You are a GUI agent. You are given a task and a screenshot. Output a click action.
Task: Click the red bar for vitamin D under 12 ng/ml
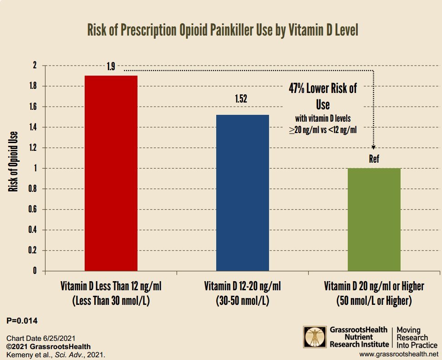tap(111, 173)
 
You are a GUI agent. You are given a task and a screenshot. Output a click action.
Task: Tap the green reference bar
tap(374, 220)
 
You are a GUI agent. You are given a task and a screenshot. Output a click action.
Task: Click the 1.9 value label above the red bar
tap(111, 67)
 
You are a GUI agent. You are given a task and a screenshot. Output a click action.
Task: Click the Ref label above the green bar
tap(374, 159)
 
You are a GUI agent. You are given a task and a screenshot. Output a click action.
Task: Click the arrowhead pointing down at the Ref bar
tap(374, 147)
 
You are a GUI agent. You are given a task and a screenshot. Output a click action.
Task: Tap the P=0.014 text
tap(22, 321)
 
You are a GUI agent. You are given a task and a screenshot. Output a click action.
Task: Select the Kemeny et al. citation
tap(56, 354)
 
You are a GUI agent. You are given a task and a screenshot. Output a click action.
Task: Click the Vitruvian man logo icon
tap(314, 337)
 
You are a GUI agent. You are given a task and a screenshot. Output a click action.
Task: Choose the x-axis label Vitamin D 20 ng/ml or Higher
tap(374, 287)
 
